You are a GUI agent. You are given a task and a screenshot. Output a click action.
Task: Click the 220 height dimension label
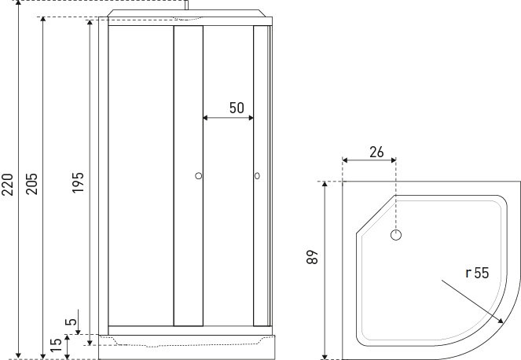pyautogui.click(x=7, y=185)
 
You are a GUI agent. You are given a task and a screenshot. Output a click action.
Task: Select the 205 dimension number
pyautogui.click(x=32, y=183)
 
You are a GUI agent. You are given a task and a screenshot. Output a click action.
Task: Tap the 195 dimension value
pyautogui.click(x=78, y=182)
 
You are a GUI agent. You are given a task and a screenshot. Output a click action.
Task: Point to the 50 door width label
pyautogui.click(x=237, y=108)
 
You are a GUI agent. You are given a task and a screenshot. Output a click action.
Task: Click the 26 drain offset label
pyautogui.click(x=376, y=152)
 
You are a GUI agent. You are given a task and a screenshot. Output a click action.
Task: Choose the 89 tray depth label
pyautogui.click(x=312, y=257)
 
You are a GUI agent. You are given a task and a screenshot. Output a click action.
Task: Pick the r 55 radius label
pyautogui.click(x=478, y=273)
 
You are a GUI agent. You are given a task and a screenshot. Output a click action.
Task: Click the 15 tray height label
pyautogui.click(x=57, y=345)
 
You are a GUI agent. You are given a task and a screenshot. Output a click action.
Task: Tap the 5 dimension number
pyautogui.click(x=71, y=321)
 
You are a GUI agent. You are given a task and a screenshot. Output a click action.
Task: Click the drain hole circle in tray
pyautogui.click(x=396, y=235)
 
